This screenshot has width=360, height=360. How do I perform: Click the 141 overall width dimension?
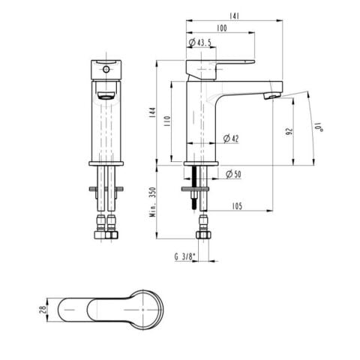point(234,16)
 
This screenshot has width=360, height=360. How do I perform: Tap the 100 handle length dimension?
point(222,28)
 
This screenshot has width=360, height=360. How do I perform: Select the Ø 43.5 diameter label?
point(199,43)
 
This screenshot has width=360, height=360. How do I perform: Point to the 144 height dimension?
point(152,112)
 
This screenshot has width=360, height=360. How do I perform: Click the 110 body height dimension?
point(167,121)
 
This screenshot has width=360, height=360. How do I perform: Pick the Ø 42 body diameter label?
point(231,139)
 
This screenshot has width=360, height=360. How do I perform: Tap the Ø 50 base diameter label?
point(233,174)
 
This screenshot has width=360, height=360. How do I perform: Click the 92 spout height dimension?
point(289,131)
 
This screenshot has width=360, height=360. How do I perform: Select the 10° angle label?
point(319,127)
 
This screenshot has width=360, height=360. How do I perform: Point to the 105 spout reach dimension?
point(237,206)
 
